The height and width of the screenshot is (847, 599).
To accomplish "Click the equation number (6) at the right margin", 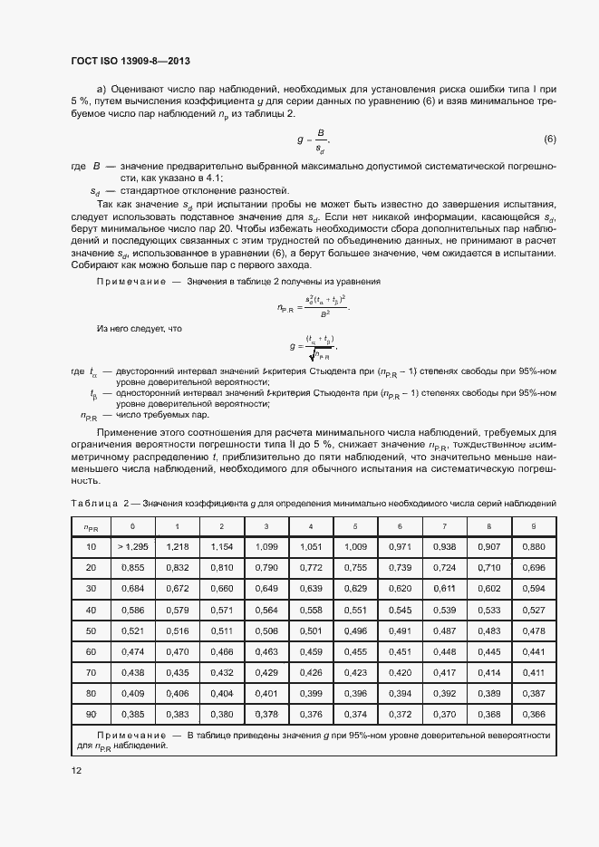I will tap(549, 139).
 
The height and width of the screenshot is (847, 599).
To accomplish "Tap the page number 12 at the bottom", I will tap(76, 770).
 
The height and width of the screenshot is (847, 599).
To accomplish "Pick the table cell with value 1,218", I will tap(177, 547).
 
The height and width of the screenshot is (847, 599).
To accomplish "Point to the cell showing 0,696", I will tap(534, 567).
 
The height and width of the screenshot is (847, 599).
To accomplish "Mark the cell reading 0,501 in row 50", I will tap(311, 630).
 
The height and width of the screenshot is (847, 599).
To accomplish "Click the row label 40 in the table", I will tap(91, 609).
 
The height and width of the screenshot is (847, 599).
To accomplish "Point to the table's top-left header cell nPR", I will tap(91, 527).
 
